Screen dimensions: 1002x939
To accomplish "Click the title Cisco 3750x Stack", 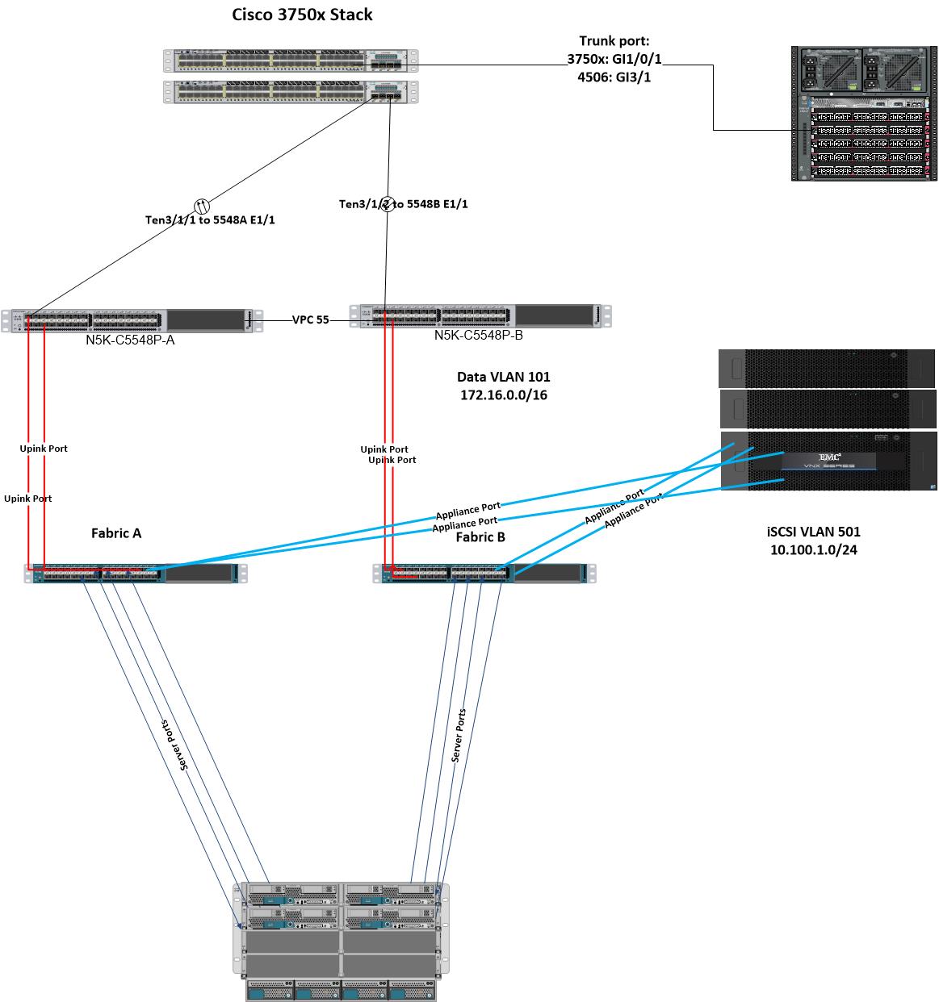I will tap(302, 14).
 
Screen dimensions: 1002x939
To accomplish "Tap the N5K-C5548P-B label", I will tap(478, 335).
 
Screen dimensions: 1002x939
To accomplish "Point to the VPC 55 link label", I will tap(311, 319).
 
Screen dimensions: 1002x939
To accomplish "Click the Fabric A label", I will tap(116, 532).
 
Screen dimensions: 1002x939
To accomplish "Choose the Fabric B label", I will tap(480, 537).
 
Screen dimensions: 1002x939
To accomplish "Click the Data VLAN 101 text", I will tap(504, 377).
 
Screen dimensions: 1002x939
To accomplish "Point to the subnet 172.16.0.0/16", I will tap(504, 395).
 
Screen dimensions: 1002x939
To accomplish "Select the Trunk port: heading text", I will tap(613, 41).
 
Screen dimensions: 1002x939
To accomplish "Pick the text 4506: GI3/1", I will tap(614, 77).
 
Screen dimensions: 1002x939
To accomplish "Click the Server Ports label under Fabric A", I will tap(174, 744).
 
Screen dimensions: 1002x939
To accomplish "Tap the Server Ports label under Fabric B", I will tap(459, 736).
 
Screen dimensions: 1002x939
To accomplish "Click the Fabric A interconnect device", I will tap(136, 574).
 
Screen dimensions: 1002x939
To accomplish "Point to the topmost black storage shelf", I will tap(826, 368).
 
